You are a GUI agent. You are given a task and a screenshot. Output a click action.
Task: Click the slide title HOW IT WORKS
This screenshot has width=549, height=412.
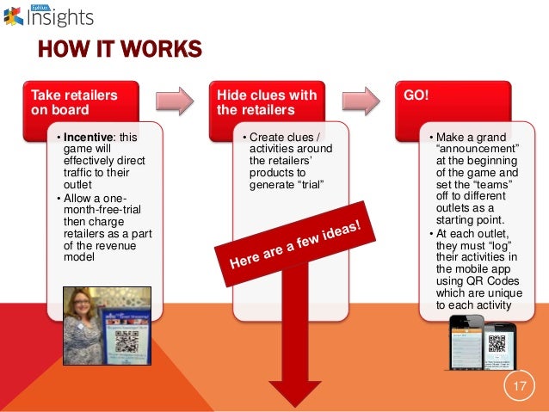(x=119, y=50)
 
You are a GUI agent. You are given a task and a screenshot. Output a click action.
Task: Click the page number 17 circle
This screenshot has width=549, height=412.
(x=518, y=385)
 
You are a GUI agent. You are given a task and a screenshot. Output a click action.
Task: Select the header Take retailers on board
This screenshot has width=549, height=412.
(x=73, y=101)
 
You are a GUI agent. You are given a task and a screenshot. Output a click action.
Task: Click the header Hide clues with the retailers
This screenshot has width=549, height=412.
(x=267, y=101)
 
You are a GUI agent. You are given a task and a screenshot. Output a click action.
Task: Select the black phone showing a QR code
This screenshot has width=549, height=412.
(x=497, y=348)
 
